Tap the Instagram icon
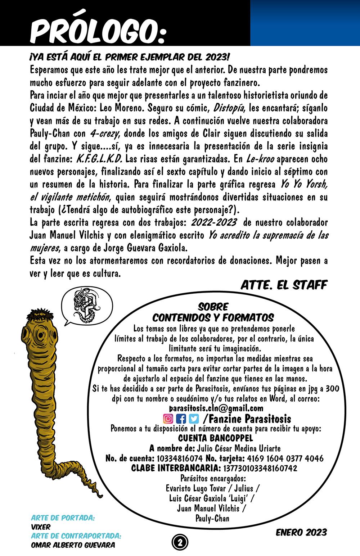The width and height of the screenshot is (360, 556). point(168,419)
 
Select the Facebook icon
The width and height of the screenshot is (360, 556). point(181,419)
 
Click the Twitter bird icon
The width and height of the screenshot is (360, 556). point(194,419)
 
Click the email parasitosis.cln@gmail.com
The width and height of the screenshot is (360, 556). point(216,408)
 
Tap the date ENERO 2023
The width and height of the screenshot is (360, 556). point(301,532)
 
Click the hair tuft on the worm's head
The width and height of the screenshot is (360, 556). point(37,316)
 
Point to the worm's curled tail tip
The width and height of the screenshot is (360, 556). point(96,493)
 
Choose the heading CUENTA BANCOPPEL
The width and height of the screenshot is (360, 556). point(216,439)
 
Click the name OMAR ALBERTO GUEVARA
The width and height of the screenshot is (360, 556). point(73,544)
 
